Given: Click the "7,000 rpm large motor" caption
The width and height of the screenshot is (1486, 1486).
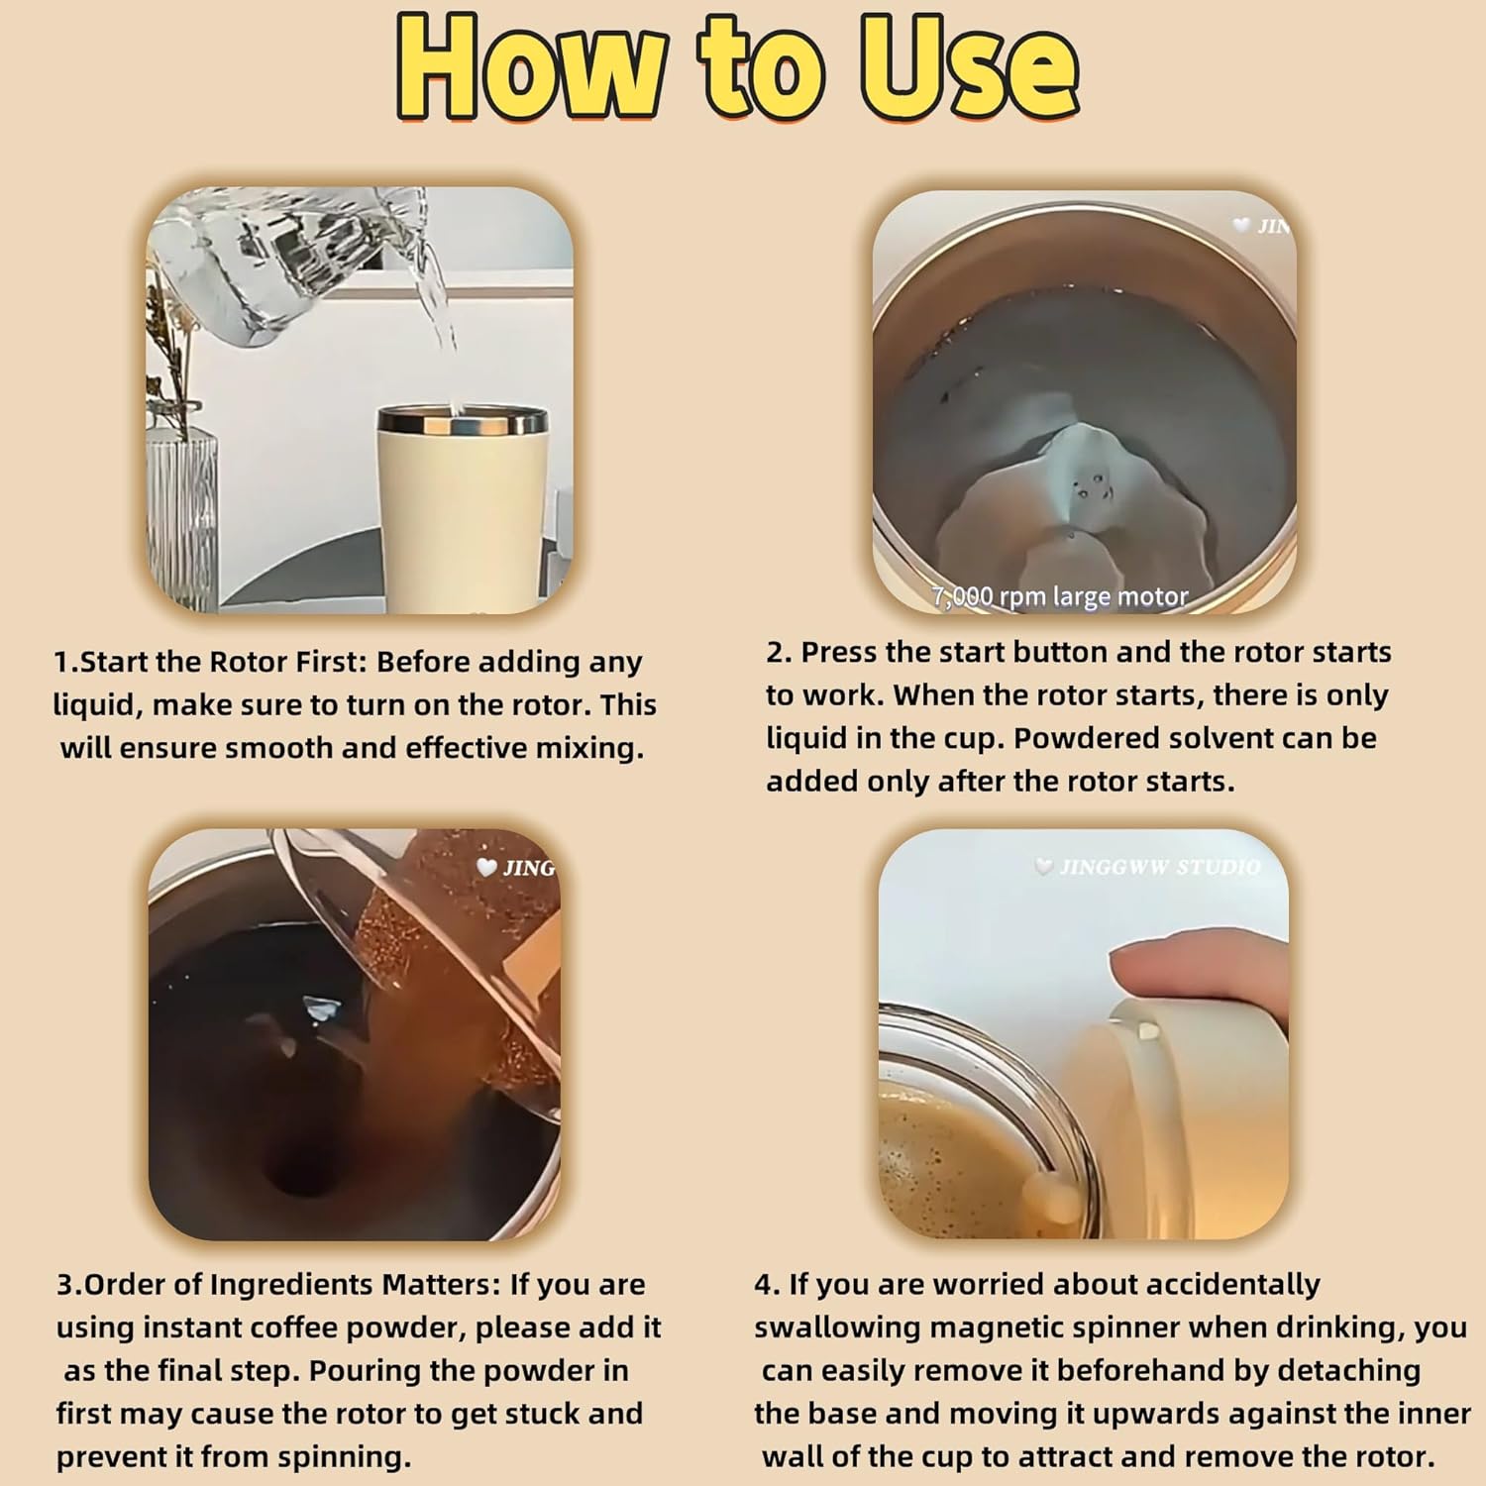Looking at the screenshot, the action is click(x=1060, y=596).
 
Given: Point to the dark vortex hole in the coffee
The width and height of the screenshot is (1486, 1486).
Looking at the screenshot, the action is click(x=298, y=1180).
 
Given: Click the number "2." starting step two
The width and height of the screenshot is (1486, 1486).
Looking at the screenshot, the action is click(x=779, y=653).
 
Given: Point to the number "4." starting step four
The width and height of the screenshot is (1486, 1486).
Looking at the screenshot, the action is click(x=767, y=1285).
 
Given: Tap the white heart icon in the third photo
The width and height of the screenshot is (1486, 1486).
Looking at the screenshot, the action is click(x=486, y=868).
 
